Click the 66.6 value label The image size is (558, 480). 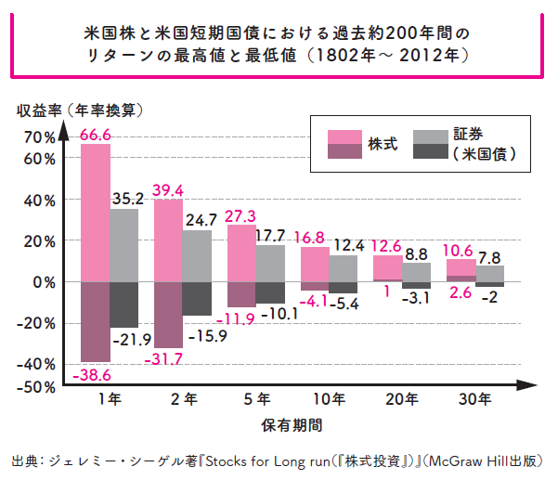(96, 136)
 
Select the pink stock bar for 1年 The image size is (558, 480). (95, 214)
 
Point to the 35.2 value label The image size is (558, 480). (126, 199)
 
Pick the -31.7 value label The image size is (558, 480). (165, 358)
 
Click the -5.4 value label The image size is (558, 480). (347, 304)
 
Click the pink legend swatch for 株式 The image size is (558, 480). (345, 137)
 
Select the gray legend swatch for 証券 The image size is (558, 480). (426, 137)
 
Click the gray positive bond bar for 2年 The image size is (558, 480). (197, 256)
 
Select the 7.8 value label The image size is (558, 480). (490, 257)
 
